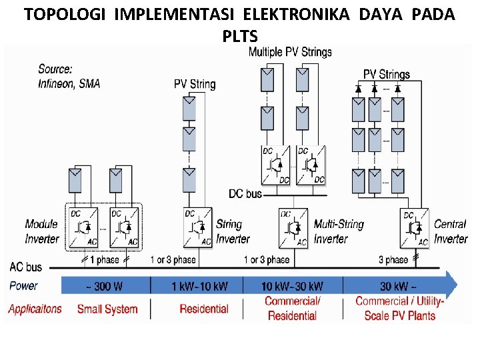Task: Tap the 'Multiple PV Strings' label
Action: point(290,52)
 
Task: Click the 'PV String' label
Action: point(195,84)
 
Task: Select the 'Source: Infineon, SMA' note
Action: point(69,75)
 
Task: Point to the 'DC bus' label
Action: point(245,193)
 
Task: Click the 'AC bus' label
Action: point(26,267)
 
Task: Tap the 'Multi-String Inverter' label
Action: point(339,231)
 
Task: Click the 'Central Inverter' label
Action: point(451,231)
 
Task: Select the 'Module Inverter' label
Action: point(42,231)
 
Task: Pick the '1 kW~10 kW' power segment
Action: point(199,286)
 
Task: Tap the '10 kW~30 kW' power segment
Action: point(292,286)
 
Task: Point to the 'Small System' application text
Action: point(107,309)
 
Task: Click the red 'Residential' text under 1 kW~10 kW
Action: point(204,309)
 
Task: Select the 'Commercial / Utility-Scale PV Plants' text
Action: point(399,308)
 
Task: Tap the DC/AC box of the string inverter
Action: point(198,227)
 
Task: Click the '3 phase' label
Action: point(393,259)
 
